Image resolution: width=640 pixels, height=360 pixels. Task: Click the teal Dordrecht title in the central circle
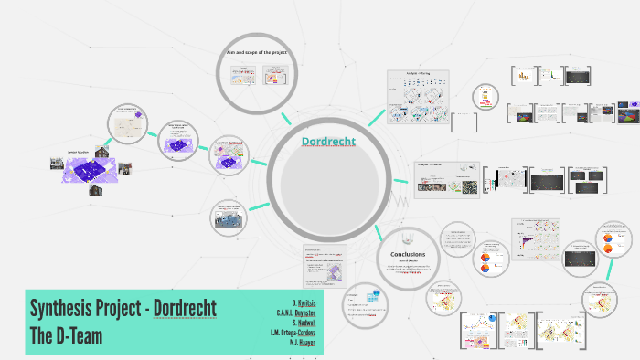pos(328,142)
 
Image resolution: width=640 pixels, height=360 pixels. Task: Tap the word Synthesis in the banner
pos(65,308)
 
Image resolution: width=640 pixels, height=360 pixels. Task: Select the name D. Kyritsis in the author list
pos(304,302)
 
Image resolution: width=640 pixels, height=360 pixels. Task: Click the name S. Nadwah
pos(304,323)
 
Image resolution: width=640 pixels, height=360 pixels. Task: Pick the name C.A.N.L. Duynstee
pos(297,312)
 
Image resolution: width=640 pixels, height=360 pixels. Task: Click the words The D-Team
pos(65,335)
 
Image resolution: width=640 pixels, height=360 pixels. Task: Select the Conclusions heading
pos(407,254)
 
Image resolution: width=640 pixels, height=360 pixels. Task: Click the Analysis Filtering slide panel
pos(418,97)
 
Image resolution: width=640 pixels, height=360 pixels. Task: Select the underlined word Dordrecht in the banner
pos(185,308)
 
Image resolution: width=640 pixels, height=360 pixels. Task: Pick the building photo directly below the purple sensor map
pos(95,190)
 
